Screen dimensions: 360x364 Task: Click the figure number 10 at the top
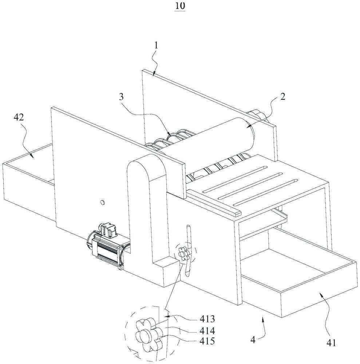click(x=180, y=6)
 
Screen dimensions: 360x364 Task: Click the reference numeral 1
click(x=156, y=45)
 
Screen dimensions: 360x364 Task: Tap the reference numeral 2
click(x=282, y=96)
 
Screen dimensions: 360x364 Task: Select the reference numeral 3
click(x=121, y=97)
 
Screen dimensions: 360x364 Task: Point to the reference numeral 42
click(x=19, y=117)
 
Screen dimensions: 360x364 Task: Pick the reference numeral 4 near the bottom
click(x=253, y=340)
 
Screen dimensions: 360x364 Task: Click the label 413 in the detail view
click(x=207, y=319)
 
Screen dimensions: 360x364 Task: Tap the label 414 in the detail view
click(x=207, y=331)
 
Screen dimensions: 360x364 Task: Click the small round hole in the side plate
click(x=102, y=202)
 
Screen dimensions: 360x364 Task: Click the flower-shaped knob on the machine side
click(x=183, y=254)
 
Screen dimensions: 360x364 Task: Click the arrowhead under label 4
click(x=263, y=321)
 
